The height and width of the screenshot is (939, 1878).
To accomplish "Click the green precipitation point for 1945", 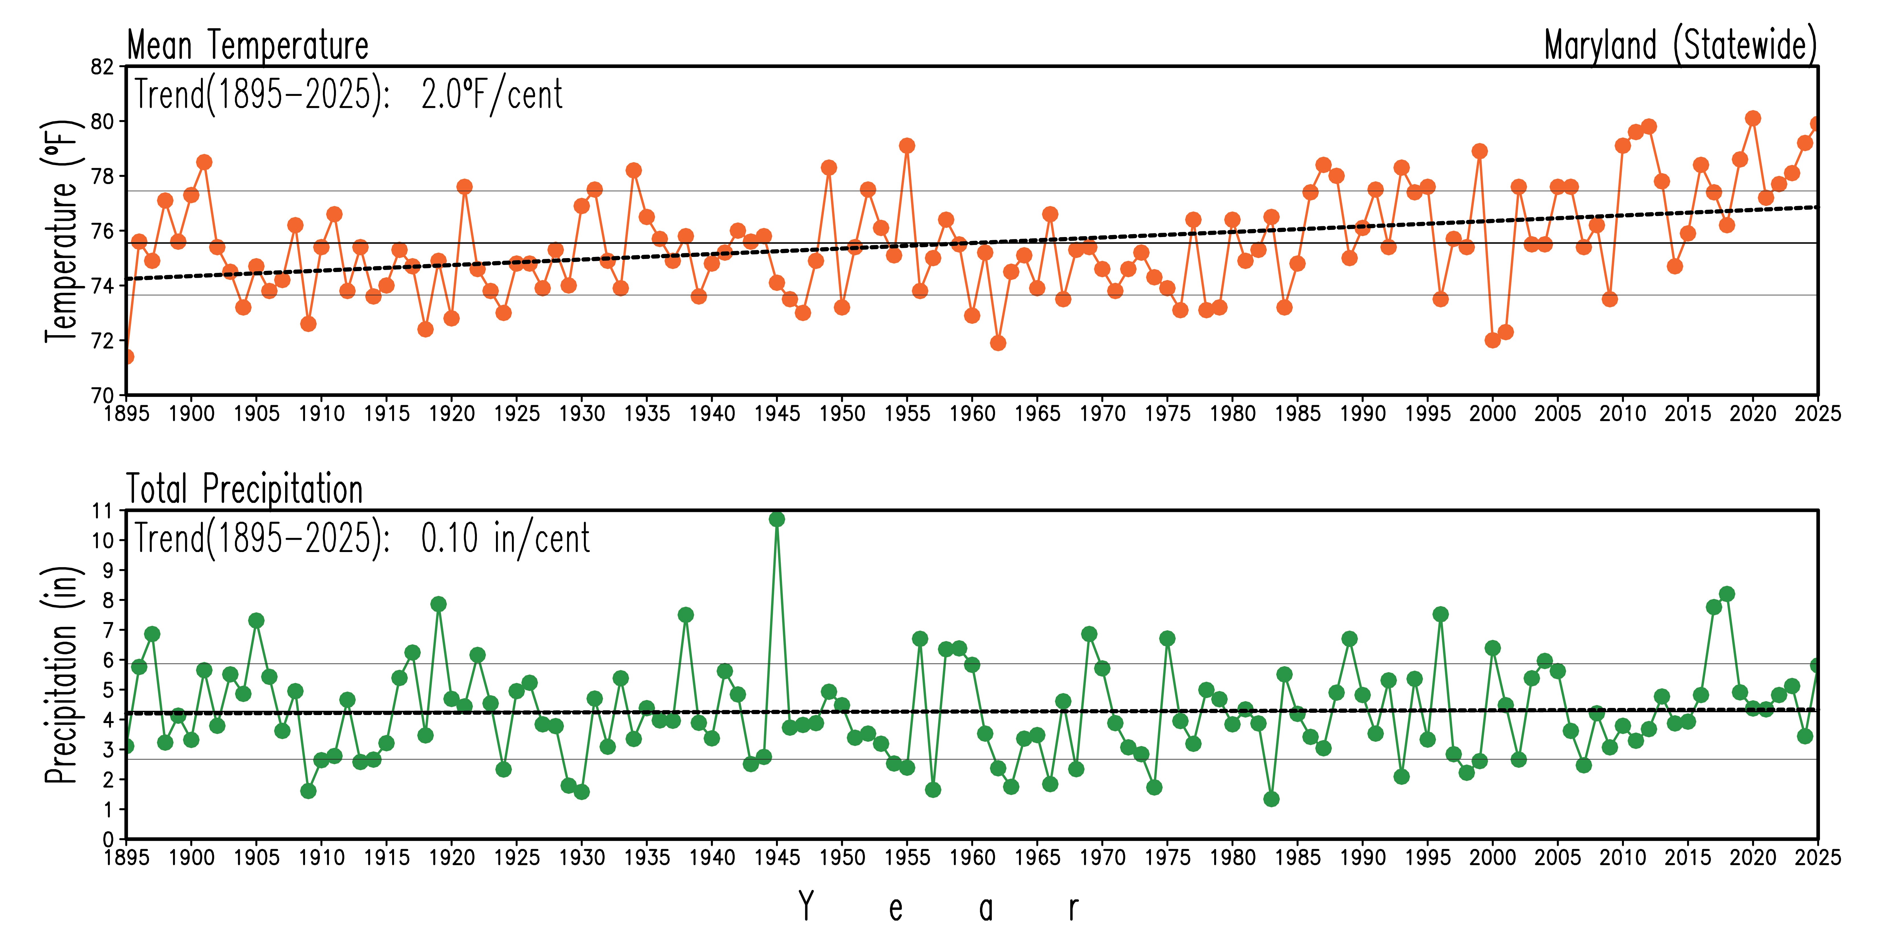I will (777, 519).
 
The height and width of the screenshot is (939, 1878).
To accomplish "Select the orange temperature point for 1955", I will (907, 146).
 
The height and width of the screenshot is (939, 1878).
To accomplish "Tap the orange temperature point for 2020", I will (1753, 118).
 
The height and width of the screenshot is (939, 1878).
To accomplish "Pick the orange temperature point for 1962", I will (998, 343).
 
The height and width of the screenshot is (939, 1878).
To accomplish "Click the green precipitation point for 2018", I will (1726, 594).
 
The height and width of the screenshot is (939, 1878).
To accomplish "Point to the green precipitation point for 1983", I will (1271, 799).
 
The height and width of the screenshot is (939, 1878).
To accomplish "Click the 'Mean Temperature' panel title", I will (248, 45).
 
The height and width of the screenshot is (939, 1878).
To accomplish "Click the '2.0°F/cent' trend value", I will (492, 95).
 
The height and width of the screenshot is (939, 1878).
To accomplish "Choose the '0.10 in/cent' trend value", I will (505, 539).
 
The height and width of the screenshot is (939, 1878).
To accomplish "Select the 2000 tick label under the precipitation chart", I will (1492, 857).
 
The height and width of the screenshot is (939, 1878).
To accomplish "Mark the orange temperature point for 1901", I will (204, 162).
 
